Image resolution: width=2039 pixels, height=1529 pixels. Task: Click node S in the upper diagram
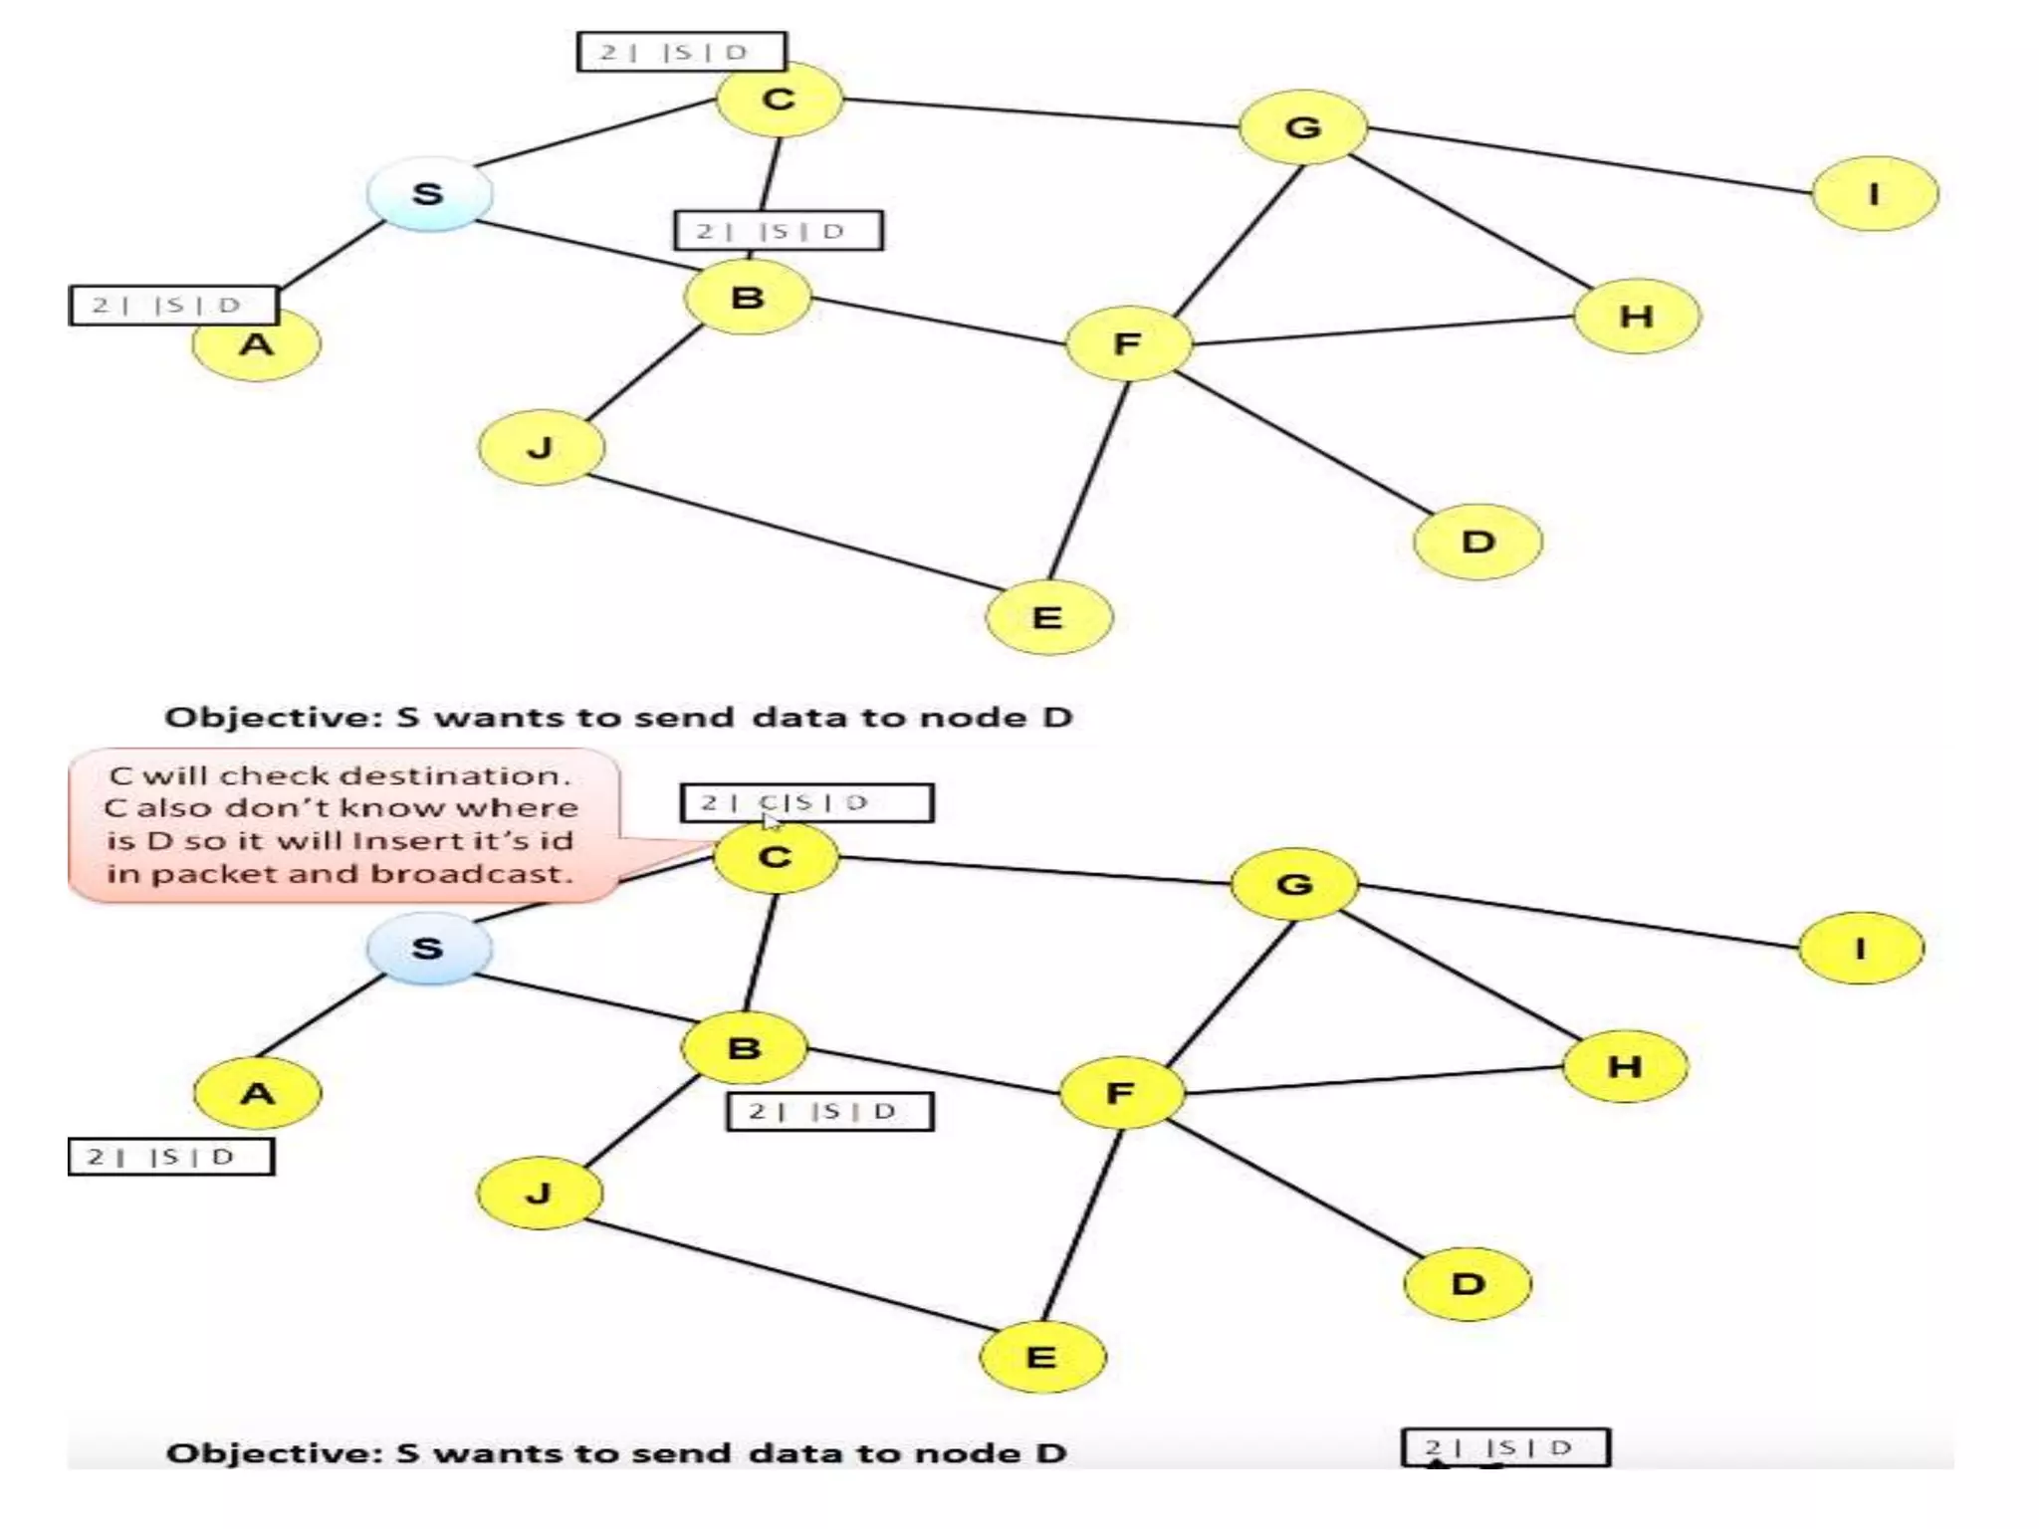[429, 193]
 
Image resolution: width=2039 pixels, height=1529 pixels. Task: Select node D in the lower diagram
[1468, 1283]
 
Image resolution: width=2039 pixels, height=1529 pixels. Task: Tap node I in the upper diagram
[1875, 193]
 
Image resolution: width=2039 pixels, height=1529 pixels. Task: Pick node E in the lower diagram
[1042, 1357]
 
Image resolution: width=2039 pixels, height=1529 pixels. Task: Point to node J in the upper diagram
[541, 447]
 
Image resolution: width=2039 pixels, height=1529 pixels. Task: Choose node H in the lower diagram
[1625, 1066]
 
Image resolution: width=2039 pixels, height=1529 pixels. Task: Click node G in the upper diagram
[1303, 126]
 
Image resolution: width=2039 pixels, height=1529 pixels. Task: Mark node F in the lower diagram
[1121, 1093]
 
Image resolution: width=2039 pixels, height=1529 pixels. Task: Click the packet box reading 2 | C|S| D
[806, 802]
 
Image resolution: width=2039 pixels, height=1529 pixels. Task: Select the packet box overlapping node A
[173, 305]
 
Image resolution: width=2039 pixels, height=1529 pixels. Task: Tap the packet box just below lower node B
[829, 1111]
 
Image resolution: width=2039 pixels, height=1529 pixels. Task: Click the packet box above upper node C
[681, 52]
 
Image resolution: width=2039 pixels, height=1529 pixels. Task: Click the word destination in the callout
[464, 775]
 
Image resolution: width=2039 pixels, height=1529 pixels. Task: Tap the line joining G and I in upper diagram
[1588, 159]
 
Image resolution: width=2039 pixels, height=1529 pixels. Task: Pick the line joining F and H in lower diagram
[1374, 1080]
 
